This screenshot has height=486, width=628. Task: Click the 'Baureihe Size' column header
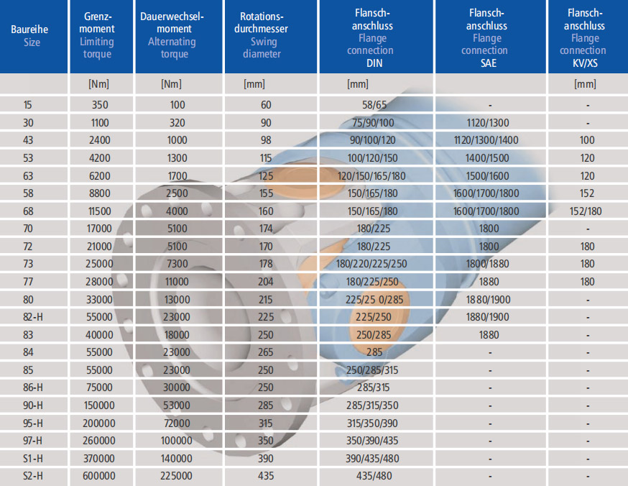[29, 36]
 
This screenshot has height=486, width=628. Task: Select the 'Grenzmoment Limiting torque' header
[97, 35]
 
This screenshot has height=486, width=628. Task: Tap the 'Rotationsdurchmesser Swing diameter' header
[262, 35]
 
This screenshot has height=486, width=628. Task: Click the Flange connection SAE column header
[486, 37]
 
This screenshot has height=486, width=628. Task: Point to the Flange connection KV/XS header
[585, 37]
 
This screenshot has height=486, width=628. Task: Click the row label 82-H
[33, 317]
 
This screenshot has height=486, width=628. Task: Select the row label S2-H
[33, 476]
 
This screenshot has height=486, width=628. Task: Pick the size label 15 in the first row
[27, 105]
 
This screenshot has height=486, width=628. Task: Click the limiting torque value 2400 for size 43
[99, 140]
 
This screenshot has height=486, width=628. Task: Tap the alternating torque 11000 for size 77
[177, 282]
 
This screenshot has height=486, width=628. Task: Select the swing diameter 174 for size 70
[266, 229]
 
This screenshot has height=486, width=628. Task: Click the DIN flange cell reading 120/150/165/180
[371, 176]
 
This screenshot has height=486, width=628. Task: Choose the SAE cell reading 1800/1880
[487, 264]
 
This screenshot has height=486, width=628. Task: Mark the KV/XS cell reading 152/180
[586, 211]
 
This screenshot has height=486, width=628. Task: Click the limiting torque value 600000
[99, 476]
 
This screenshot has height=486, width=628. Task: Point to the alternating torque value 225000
[176, 476]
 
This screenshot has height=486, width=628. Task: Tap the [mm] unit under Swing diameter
[254, 84]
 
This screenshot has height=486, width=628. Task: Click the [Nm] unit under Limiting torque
[98, 84]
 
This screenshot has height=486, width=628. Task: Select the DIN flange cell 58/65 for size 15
[374, 105]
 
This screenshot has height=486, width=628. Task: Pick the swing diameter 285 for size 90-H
[266, 405]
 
